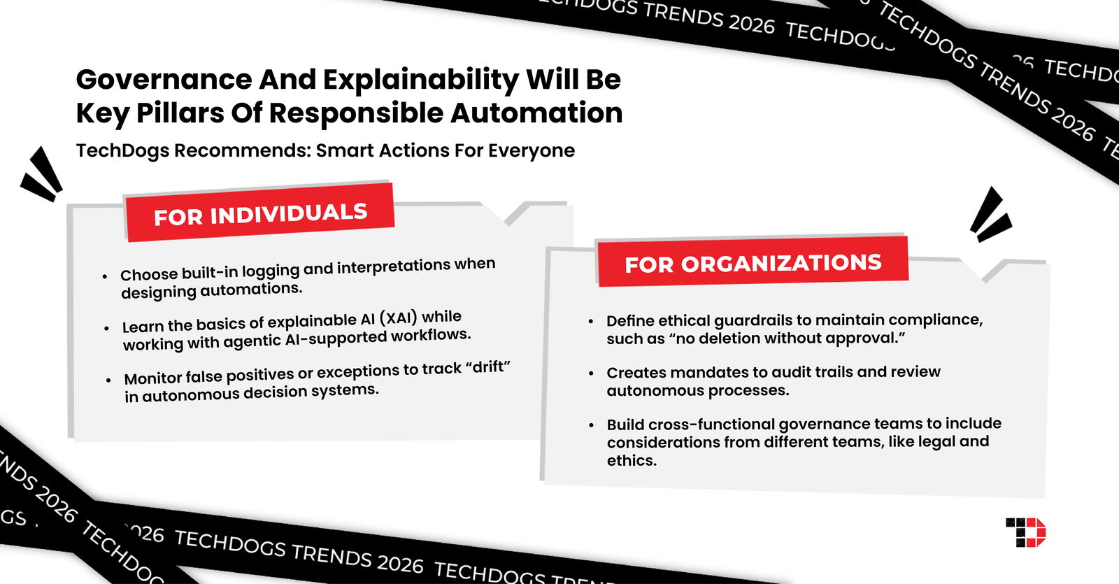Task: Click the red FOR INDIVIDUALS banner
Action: [x=259, y=213]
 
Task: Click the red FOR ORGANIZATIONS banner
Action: [x=753, y=263]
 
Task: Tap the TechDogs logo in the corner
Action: [x=1025, y=532]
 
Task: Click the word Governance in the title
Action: [x=164, y=79]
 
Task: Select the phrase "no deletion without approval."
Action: [x=787, y=339]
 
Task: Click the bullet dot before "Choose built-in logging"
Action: [x=105, y=276]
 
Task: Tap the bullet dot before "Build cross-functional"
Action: [x=592, y=425]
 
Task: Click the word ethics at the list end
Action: [x=631, y=460]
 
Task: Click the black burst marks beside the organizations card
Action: [x=990, y=214]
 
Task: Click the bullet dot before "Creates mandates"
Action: [x=592, y=373]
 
